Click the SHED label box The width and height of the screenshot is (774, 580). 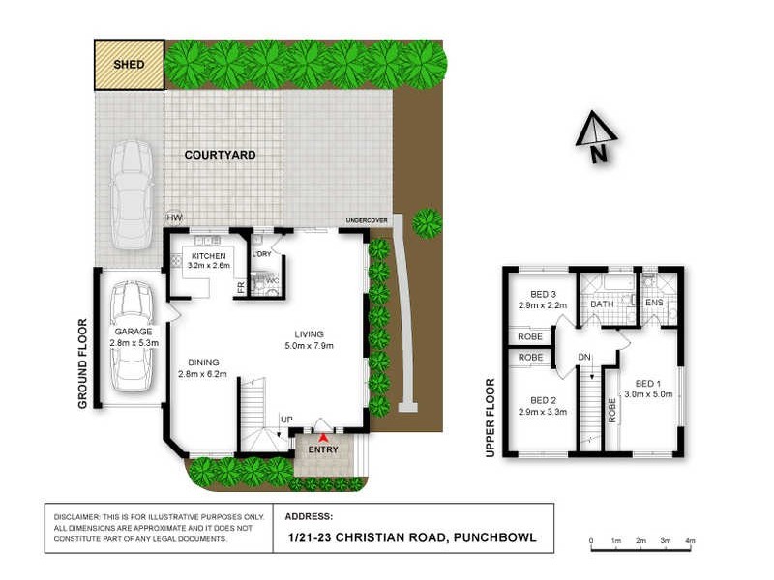pyautogui.click(x=129, y=65)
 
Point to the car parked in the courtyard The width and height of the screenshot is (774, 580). pyautogui.click(x=131, y=193)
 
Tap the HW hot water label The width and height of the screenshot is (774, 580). pyautogui.click(x=174, y=218)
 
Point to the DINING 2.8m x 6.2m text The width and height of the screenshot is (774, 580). pyautogui.click(x=202, y=368)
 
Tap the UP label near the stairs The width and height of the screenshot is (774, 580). pyautogui.click(x=285, y=419)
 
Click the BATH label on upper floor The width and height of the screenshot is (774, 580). pyautogui.click(x=603, y=304)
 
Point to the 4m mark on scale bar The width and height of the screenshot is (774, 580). pyautogui.click(x=690, y=540)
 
